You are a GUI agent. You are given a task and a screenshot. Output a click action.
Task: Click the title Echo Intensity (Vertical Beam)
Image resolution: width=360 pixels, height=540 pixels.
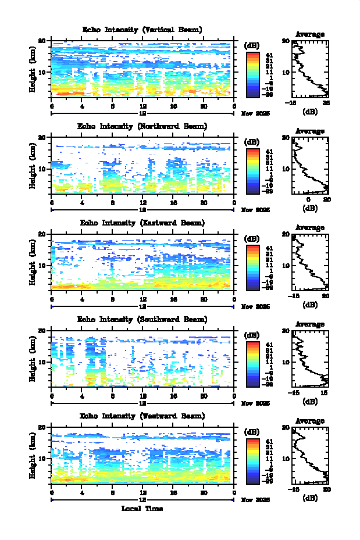pyautogui.click(x=142, y=30)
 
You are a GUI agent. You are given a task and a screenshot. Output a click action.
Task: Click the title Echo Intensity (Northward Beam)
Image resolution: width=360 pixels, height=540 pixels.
pyautogui.click(x=142, y=126)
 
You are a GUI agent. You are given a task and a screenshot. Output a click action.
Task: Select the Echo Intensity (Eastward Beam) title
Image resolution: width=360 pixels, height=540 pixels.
pyautogui.click(x=142, y=223)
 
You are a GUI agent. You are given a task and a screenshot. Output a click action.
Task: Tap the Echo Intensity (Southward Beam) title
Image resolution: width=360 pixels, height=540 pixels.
pyautogui.click(x=142, y=319)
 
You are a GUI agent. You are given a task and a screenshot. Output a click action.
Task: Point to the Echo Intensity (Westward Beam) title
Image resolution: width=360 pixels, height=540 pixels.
pyautogui.click(x=142, y=416)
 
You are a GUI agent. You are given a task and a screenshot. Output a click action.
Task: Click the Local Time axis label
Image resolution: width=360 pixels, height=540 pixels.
pyautogui.click(x=142, y=509)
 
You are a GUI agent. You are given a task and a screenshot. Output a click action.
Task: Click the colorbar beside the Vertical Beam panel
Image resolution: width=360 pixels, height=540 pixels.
pyautogui.click(x=252, y=74)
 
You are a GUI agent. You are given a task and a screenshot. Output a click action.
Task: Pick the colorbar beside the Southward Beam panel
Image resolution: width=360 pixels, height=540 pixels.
pyautogui.click(x=252, y=363)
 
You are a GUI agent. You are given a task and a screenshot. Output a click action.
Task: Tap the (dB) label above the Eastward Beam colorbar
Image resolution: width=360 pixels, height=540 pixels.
pyautogui.click(x=252, y=238)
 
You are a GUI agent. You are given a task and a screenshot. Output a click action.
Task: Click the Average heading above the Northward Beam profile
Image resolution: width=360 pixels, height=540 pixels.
pyautogui.click(x=310, y=131)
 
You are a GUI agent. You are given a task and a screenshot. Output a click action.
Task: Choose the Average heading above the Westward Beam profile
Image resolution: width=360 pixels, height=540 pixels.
pyautogui.click(x=310, y=421)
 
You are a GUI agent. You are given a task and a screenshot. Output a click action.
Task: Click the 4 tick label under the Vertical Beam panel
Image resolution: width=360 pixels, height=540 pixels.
pyautogui.click(x=82, y=106)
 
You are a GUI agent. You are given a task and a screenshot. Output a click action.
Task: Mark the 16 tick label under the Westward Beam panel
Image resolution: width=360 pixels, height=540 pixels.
pyautogui.click(x=173, y=492)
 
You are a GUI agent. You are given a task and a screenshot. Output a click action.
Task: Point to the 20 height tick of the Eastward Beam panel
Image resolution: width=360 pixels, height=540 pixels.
pyautogui.click(x=42, y=234)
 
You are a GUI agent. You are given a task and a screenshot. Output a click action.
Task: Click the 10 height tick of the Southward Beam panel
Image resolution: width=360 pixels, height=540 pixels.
pyautogui.click(x=42, y=361)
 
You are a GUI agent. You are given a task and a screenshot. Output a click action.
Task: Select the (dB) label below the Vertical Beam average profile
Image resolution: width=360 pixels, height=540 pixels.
pyautogui.click(x=310, y=110)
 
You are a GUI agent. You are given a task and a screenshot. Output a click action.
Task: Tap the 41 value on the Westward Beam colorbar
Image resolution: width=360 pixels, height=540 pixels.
pyautogui.click(x=268, y=442)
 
